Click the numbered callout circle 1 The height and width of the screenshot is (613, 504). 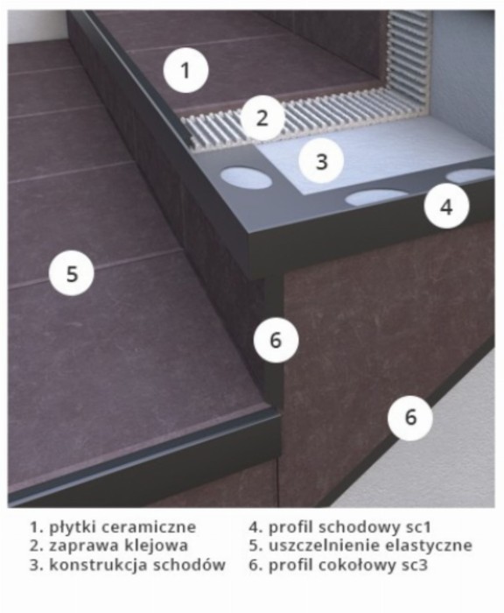coord(185,70)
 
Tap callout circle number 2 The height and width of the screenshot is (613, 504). coord(262,117)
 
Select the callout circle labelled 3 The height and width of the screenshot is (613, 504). coord(321,161)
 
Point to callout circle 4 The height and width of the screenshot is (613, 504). coord(446,206)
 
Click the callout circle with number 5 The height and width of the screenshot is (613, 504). coord(72,273)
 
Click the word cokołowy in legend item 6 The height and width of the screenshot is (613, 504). coord(358,565)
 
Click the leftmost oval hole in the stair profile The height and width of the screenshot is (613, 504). coord(246,178)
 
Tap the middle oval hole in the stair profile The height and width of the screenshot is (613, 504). coord(376,197)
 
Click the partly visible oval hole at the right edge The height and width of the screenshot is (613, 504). coord(470,175)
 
